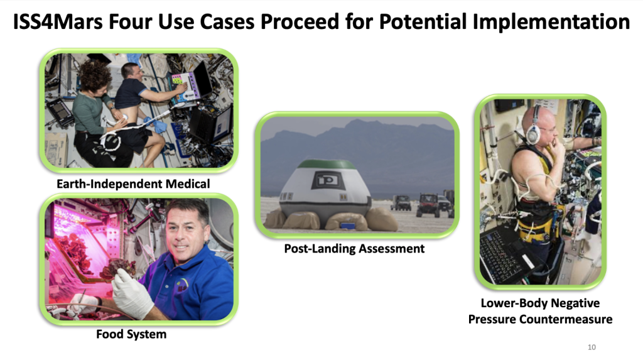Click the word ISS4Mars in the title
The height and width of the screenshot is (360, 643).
[x=58, y=22]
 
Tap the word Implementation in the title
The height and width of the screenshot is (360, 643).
[x=551, y=23]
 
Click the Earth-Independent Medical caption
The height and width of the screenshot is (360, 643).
[x=133, y=184]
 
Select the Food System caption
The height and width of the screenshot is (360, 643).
[x=131, y=334]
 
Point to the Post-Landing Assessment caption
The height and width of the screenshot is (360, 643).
[x=354, y=249]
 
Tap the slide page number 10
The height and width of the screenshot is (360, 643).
[x=592, y=347]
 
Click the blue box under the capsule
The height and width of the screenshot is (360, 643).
[x=346, y=226]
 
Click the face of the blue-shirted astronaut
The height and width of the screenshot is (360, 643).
[x=188, y=239]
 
